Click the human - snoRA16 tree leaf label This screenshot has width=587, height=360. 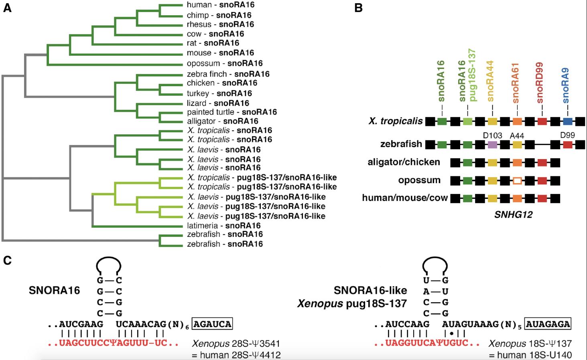[220, 5]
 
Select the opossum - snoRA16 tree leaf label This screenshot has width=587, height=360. [225, 63]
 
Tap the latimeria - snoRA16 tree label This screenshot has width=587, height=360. [223, 226]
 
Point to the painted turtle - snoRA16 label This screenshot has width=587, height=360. [232, 112]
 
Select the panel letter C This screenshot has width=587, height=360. [7, 261]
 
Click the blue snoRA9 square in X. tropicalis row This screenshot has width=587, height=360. [567, 121]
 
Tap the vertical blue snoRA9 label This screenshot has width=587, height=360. [566, 86]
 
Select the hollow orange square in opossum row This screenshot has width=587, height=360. [517, 180]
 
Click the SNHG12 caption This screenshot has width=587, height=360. [513, 214]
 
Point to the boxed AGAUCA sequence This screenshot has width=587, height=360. [212, 324]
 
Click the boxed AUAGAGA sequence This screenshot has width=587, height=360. [548, 324]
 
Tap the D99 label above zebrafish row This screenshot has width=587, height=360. [567, 135]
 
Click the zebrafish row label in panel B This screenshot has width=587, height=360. [401, 144]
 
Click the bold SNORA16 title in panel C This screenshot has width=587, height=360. [54, 291]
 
